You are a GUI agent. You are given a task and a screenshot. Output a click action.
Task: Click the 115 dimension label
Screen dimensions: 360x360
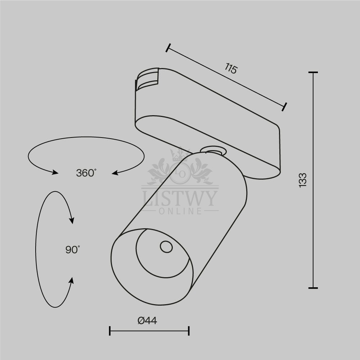[x=231, y=68]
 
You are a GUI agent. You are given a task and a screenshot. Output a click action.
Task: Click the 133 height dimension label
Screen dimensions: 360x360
[x=303, y=180]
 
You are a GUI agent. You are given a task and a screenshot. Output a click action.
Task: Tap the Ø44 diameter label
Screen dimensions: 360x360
[x=147, y=320]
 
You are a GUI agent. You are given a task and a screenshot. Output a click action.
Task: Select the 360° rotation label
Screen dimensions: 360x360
[x=86, y=173]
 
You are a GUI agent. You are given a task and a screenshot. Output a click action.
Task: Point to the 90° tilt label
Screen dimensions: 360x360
[x=73, y=249]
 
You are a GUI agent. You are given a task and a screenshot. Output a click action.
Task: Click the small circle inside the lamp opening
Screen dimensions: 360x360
[x=166, y=247]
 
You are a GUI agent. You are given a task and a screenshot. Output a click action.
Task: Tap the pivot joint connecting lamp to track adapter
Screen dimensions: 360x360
[x=213, y=151]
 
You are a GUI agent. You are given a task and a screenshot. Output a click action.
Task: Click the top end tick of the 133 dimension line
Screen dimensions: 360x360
[x=313, y=72]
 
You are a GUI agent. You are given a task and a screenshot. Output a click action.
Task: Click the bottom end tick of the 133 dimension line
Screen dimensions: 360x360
[x=313, y=288]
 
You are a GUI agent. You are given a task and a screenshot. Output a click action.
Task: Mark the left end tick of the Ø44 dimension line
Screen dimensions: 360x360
[x=110, y=331]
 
